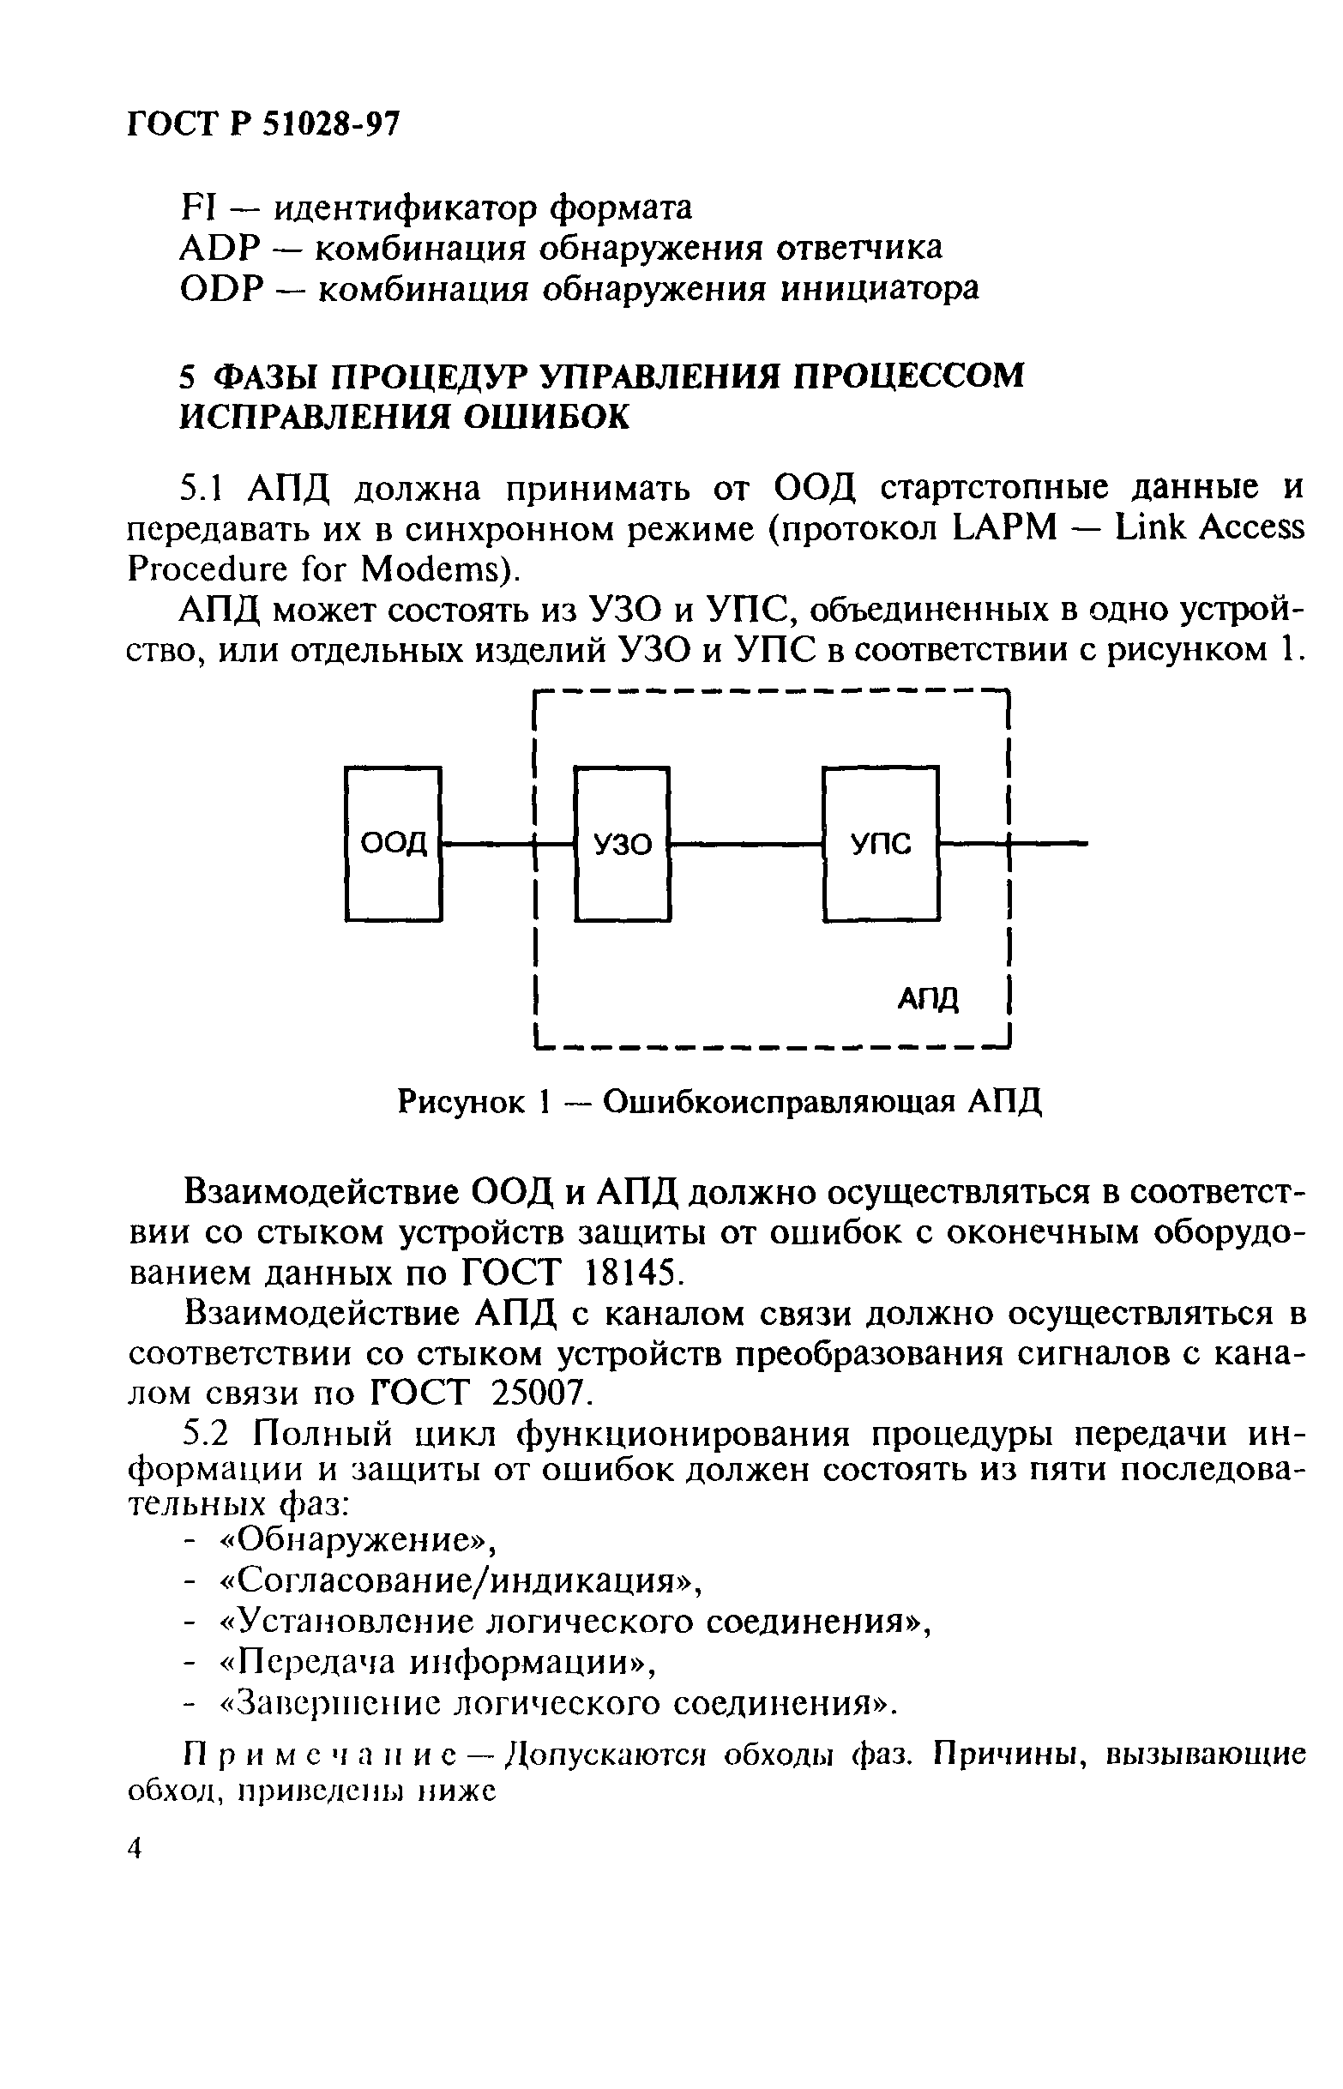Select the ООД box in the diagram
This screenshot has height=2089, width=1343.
(394, 843)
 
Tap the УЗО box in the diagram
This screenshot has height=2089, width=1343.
(623, 843)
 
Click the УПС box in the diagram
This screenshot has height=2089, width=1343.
(882, 843)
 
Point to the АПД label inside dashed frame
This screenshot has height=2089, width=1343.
(928, 999)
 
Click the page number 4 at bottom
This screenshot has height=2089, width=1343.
(136, 1847)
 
